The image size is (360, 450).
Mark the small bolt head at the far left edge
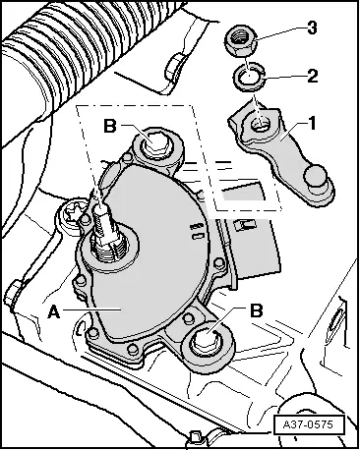pyautogui.click(x=13, y=293)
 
